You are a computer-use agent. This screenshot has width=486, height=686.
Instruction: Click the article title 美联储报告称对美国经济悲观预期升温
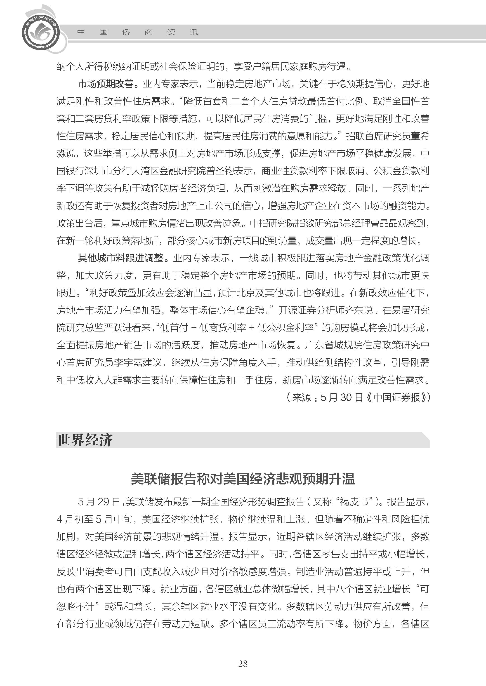click(243, 479)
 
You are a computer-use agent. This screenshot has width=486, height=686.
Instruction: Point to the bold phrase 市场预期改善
click(105, 84)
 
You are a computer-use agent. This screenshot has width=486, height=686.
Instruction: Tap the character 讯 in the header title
click(194, 32)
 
